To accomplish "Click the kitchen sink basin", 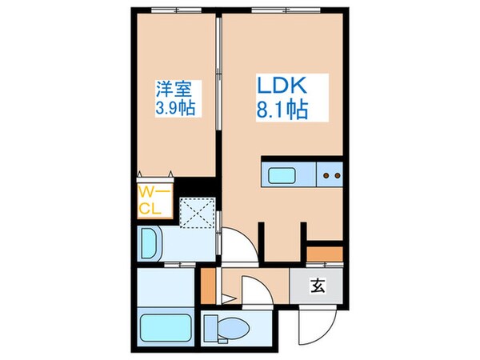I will (284, 174).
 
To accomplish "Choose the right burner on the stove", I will (336, 174).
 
